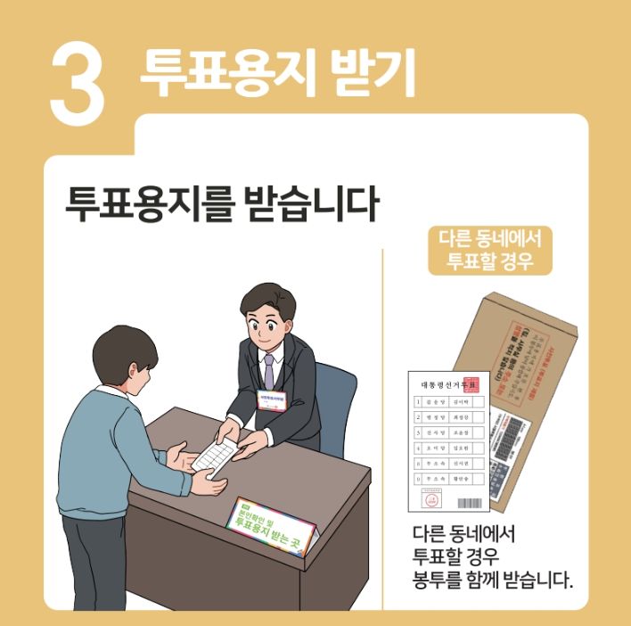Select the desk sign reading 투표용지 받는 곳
point(265,526)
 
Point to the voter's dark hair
point(125,343)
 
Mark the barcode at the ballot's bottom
point(469,505)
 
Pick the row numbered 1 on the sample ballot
point(449,403)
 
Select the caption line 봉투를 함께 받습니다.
point(491,581)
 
